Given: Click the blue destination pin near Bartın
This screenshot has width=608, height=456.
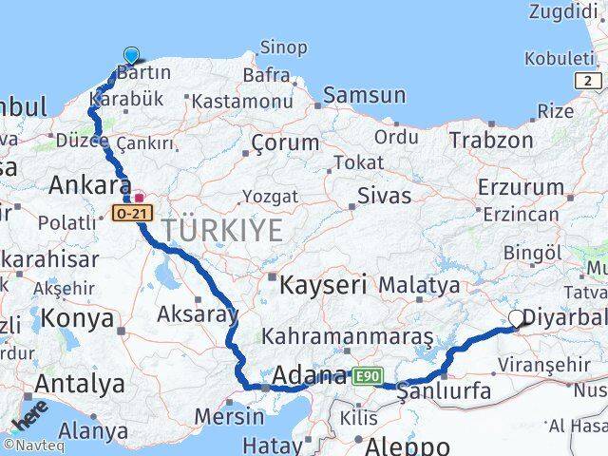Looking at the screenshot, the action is coord(131,56).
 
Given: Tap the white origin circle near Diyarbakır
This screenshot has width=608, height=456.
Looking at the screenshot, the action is coord(517,319).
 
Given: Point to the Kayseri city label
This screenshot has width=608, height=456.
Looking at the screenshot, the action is coord(310,282).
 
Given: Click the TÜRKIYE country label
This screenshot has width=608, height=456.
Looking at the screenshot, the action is coord(222,230).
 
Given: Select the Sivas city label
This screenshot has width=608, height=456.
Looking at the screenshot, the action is coord(384,197).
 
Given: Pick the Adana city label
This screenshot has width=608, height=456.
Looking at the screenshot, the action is coord(308,377).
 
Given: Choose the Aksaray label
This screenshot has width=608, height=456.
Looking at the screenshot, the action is coord(197,314).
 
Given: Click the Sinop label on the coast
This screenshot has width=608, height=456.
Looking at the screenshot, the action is coord(283,47).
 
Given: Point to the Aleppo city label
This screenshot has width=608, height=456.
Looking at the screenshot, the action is coord(407,446).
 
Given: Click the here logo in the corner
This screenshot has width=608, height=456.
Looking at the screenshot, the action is coord(29,418).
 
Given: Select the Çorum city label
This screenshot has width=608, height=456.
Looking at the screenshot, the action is coord(285,143).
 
